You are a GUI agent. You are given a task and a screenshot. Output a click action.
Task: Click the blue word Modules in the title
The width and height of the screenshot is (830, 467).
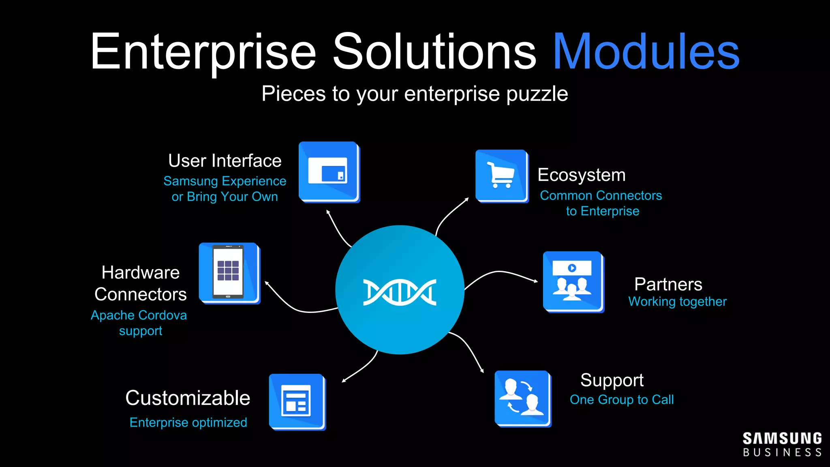(x=646, y=52)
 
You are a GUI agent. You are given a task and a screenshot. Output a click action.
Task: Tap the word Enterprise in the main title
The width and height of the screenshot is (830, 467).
(x=203, y=52)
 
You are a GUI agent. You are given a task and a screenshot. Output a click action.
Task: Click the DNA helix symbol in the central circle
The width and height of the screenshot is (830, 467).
(x=400, y=292)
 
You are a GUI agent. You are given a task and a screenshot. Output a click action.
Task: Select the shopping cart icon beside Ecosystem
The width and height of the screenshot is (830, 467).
(x=502, y=176)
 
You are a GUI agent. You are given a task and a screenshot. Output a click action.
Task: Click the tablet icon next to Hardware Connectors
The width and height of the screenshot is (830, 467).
(x=229, y=273)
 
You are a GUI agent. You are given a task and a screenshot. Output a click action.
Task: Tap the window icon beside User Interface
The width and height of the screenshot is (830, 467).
(x=329, y=171)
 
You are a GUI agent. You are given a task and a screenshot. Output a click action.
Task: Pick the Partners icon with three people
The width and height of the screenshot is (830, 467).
(x=573, y=282)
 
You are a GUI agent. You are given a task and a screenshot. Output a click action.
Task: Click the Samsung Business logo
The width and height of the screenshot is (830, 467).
(x=782, y=445)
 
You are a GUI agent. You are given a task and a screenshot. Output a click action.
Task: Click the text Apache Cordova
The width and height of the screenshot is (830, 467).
(x=139, y=315)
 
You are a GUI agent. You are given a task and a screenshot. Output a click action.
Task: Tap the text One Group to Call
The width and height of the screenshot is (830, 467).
(x=622, y=400)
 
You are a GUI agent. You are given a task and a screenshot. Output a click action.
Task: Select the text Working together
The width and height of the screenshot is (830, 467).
(x=677, y=302)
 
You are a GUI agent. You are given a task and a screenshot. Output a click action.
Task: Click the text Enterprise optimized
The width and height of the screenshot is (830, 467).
(x=188, y=422)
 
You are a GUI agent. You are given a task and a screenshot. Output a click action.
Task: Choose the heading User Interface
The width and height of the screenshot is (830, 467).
(x=225, y=161)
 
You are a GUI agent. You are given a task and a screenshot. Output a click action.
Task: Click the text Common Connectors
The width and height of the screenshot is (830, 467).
(x=601, y=196)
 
